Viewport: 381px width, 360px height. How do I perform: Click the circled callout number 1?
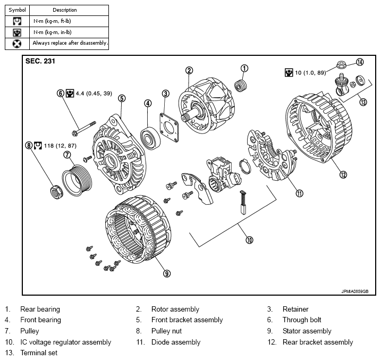(244, 68)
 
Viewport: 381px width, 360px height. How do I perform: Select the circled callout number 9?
(167, 274)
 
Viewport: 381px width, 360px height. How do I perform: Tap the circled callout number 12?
(343, 174)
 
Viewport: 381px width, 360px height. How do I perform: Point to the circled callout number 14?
(360, 62)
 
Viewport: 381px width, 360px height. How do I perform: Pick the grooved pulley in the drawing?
(77, 180)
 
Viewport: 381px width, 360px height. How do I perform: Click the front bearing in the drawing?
(150, 138)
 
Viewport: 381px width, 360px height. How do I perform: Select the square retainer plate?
(169, 127)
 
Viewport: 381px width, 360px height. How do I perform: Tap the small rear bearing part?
(241, 86)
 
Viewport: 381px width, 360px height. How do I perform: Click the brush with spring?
(243, 202)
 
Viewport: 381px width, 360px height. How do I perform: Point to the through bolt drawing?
(84, 129)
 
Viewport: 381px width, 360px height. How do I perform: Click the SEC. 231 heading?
(40, 61)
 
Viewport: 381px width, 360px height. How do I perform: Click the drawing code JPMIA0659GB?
(355, 291)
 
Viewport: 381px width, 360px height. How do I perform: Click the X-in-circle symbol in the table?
(17, 44)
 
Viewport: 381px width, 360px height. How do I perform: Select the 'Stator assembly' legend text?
(307, 331)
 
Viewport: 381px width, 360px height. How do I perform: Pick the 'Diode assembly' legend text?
(176, 342)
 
